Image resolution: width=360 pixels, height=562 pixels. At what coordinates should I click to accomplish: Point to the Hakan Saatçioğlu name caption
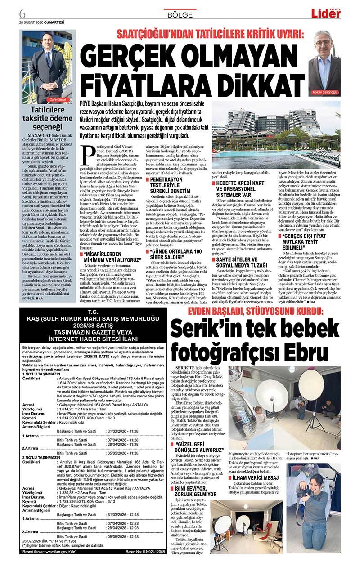pos(324,92)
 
